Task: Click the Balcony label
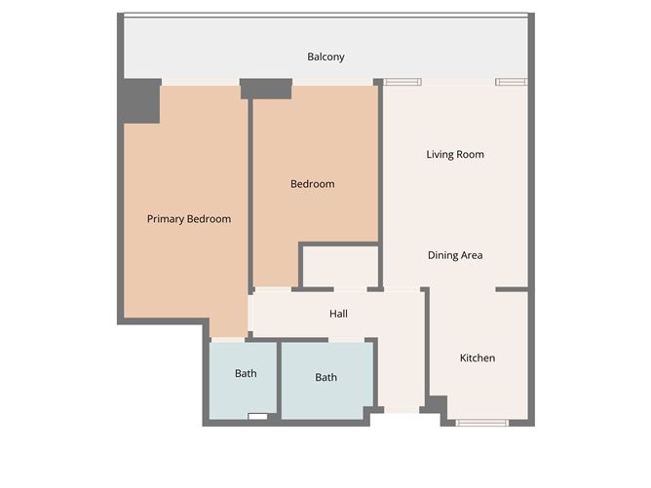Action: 325,56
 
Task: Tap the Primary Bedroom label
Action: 189,219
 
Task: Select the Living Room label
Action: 455,154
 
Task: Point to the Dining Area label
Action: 455,255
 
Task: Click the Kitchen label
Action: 478,357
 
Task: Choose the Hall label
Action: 338,314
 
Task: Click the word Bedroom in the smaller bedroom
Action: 312,184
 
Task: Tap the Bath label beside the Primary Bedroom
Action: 246,373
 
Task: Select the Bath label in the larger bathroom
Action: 325,377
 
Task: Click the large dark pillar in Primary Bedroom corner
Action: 141,101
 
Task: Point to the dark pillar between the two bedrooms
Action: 266,89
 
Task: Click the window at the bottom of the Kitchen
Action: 481,423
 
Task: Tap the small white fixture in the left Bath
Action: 258,416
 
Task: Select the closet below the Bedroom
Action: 340,266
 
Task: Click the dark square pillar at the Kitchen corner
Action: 438,404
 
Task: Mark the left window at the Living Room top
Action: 402,82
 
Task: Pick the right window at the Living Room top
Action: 512,82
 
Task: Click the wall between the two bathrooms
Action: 280,381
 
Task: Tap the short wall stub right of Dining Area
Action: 512,289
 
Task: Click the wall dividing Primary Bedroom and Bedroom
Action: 250,195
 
